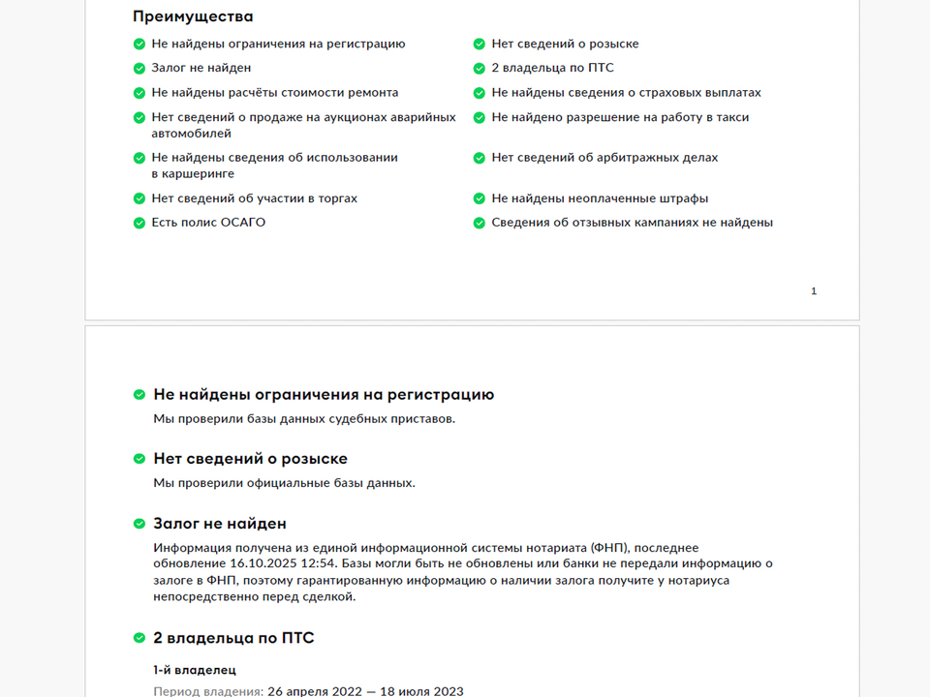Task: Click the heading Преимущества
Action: (x=193, y=16)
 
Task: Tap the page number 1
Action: (x=814, y=290)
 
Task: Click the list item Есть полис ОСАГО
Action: (x=208, y=223)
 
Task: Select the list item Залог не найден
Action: (x=201, y=68)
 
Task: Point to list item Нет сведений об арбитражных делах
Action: (x=604, y=158)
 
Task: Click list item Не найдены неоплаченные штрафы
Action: (x=600, y=198)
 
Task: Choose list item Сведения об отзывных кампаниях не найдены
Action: (x=632, y=223)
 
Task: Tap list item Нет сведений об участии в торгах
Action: (x=254, y=198)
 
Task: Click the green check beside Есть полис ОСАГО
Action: (x=139, y=223)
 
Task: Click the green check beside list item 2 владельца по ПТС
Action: (x=479, y=69)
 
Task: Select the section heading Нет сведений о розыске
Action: (x=250, y=459)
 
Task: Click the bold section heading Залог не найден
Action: (x=220, y=524)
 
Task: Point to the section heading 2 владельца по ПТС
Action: (x=233, y=638)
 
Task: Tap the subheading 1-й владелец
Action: (x=195, y=670)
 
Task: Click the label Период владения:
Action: (x=208, y=691)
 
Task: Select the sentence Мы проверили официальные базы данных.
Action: (x=284, y=483)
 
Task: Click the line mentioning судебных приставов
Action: (x=304, y=419)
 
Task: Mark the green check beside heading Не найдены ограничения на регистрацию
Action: (x=139, y=395)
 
